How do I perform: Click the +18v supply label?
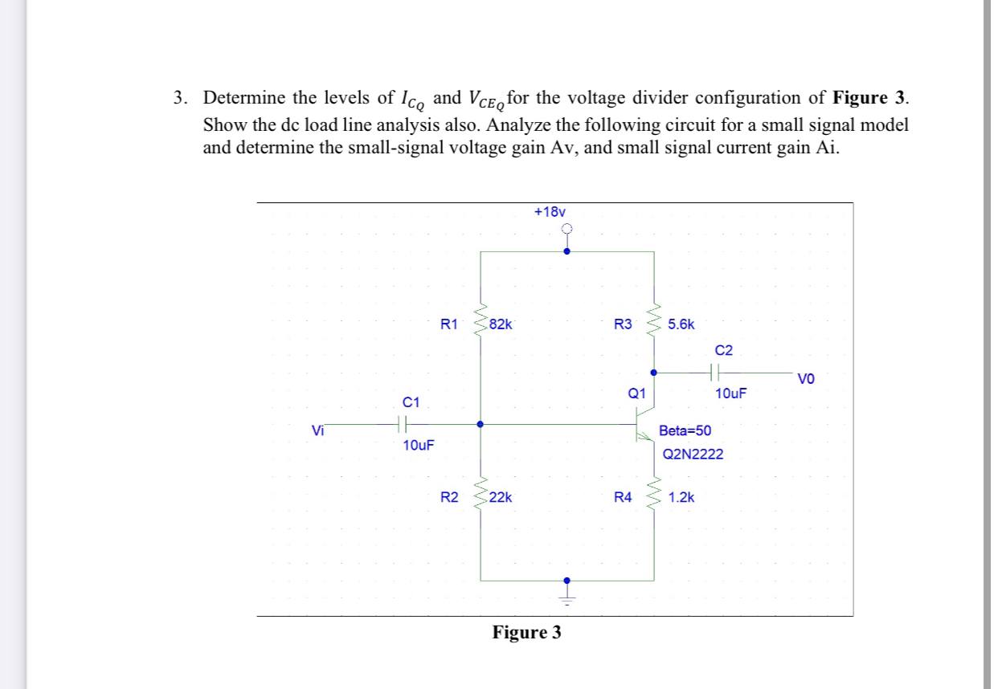550,211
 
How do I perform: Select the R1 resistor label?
449,325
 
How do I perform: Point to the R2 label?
449,498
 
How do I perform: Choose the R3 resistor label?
623,325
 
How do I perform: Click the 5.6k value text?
682,325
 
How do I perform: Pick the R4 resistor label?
623,498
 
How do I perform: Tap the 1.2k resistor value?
681,498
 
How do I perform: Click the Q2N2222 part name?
693,455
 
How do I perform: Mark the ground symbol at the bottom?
567,598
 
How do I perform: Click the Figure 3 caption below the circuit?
526,633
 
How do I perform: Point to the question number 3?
181,98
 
